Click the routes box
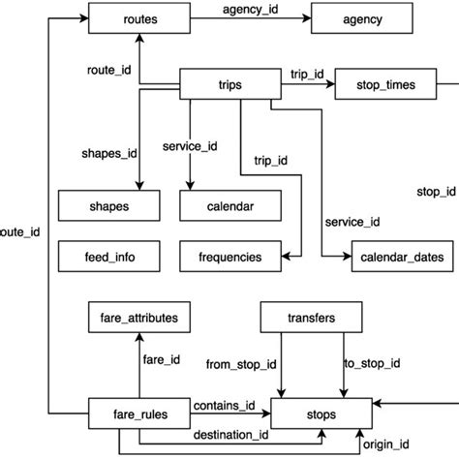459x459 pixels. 140,18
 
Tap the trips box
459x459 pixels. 230,85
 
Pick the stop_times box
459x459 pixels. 387,85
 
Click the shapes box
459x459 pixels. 108,206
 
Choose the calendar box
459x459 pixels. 230,206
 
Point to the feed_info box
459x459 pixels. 108,257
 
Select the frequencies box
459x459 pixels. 230,257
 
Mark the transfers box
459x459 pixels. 312,317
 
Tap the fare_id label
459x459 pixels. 162,360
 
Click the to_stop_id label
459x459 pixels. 372,364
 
